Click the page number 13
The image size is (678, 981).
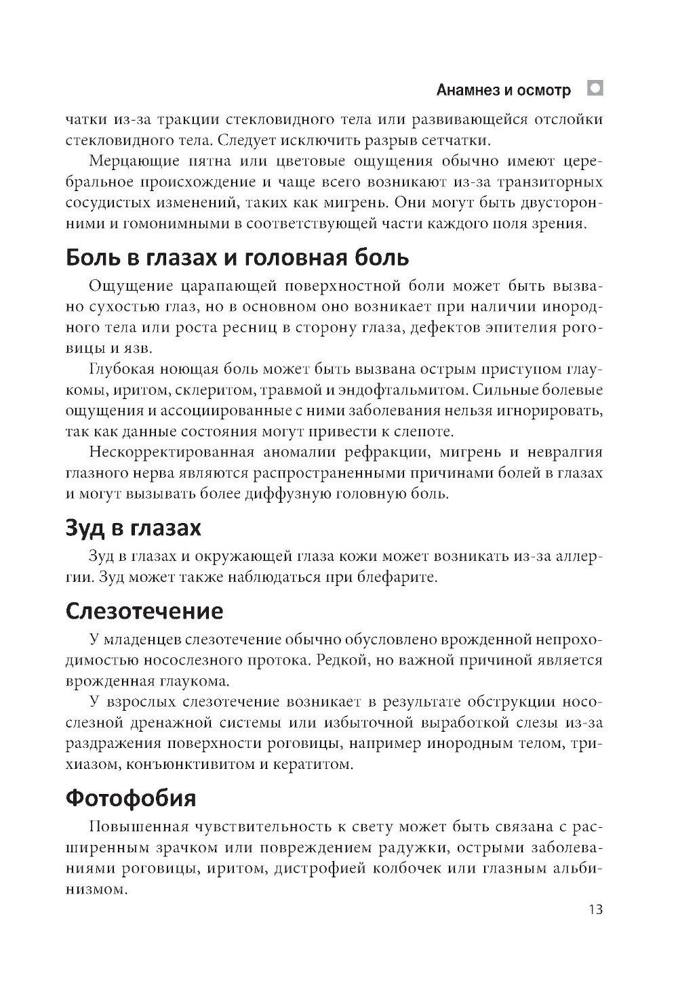pos(595,909)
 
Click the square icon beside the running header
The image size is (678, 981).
pos(595,88)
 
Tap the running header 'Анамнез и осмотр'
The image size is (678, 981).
pos(504,89)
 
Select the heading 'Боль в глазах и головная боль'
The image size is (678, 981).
pos(237,258)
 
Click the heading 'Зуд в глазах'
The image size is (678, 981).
pos(134,528)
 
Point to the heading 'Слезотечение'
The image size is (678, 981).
pos(144,611)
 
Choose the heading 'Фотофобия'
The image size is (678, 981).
pos(131,798)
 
